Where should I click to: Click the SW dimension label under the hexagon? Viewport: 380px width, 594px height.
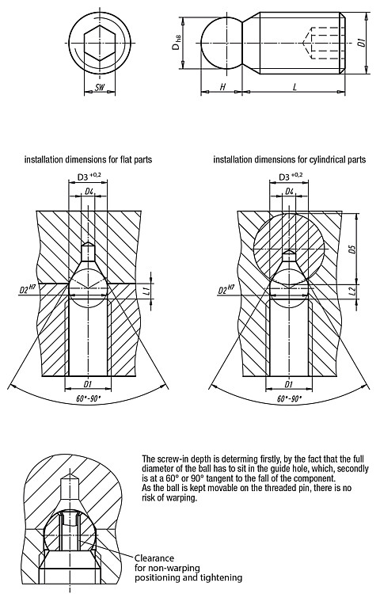click(100, 88)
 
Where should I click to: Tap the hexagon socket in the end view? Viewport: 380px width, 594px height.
click(100, 44)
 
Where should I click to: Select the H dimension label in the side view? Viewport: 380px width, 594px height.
click(222, 87)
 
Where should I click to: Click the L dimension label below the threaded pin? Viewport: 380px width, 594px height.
click(294, 87)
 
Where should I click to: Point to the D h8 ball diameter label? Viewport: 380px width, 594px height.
click(177, 43)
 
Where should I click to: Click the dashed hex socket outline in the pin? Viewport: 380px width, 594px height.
click(324, 43)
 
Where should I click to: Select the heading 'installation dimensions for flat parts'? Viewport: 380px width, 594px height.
click(88, 159)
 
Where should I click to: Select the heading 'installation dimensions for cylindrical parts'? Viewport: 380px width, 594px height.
click(290, 159)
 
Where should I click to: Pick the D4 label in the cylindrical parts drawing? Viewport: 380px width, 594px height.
click(290, 192)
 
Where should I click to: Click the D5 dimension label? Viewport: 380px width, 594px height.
click(353, 249)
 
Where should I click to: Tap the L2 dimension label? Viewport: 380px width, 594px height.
click(353, 291)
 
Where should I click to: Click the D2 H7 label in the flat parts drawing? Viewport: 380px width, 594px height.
click(28, 290)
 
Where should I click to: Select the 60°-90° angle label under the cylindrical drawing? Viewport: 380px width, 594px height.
click(290, 398)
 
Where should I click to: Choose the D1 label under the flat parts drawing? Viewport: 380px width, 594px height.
click(88, 384)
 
